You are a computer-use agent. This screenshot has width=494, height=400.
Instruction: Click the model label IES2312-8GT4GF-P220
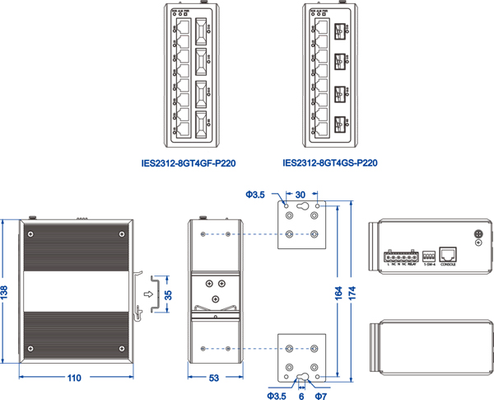pos(189,163)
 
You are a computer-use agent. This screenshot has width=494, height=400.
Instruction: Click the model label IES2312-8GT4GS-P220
pos(330,163)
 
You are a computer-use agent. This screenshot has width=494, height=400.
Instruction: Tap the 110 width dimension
pos(74,379)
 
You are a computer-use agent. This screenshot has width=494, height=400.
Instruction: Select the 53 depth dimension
pos(214,379)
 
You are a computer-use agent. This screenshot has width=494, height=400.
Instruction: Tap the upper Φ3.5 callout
pos(254,195)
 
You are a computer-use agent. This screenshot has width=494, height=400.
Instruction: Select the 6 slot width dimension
pos(302,395)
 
